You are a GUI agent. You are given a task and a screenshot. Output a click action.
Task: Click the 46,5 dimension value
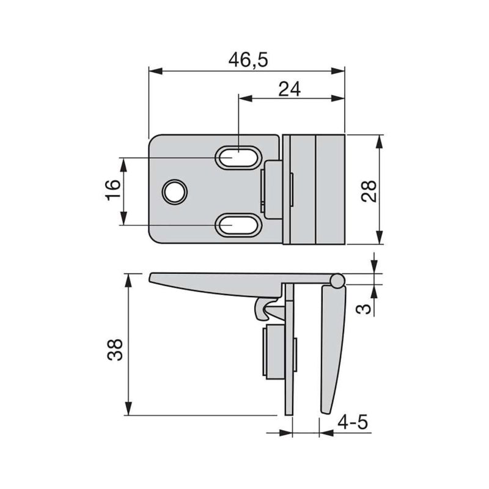click(x=248, y=60)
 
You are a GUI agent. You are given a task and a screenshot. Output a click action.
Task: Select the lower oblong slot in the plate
click(x=238, y=225)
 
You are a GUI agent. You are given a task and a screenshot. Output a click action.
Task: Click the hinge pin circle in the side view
click(x=337, y=281)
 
